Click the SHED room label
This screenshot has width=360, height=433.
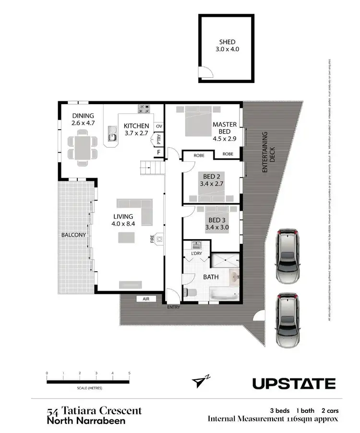227,42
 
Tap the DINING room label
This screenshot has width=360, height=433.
83,116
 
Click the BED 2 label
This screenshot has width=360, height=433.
212,176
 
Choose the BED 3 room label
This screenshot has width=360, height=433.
212,221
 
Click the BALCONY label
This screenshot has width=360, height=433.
73,235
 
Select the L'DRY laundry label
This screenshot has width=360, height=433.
196,253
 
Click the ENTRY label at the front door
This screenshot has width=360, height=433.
173,307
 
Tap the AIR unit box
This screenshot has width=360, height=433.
146,299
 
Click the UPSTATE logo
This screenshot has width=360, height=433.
294,384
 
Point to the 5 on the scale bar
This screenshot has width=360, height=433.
129,373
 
